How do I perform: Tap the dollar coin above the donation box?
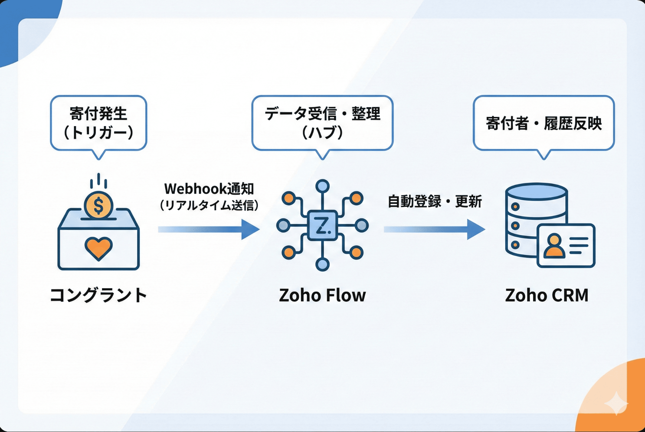pos(99,205)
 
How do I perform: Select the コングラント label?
pos(99,295)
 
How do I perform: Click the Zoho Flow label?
pos(322,295)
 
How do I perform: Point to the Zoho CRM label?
pos(547,295)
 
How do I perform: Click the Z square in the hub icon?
pos(322,225)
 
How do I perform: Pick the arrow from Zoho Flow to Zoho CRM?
pos(434,229)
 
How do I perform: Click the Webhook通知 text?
pos(209,189)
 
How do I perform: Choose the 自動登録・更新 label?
pos(435,201)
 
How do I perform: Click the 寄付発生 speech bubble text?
pos(99,114)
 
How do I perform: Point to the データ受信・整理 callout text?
pos(322,114)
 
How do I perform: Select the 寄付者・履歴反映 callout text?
pos(544,123)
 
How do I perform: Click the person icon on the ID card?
pos(554,246)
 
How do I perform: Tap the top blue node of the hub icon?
pos(322,186)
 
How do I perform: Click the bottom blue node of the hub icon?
pos(322,264)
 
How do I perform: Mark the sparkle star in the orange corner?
pos(616,403)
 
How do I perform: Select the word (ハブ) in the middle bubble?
pos(322,132)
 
